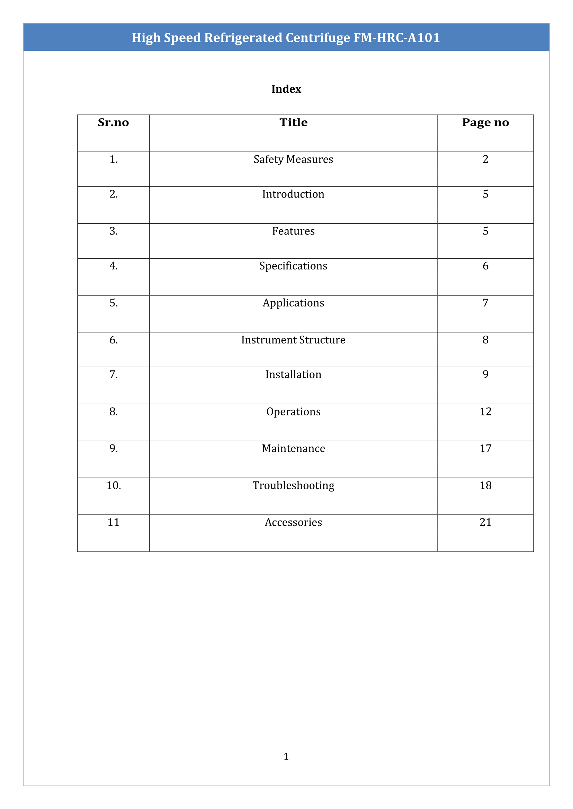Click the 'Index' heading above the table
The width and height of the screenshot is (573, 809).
click(x=286, y=89)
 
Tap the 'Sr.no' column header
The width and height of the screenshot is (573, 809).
click(x=113, y=122)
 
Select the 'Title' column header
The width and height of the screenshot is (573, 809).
click(x=293, y=122)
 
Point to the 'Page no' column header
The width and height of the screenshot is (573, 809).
click(x=485, y=122)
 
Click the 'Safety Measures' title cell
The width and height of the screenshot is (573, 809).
click(x=293, y=159)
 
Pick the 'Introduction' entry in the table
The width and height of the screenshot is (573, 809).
click(x=293, y=194)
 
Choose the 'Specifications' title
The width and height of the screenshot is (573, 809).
click(x=293, y=266)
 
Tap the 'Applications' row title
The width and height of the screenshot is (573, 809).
click(x=293, y=303)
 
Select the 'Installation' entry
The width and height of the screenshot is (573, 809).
click(x=293, y=374)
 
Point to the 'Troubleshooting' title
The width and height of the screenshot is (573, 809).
click(x=293, y=485)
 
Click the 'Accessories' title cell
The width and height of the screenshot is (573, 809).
click(x=293, y=522)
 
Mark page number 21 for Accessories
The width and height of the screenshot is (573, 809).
click(x=485, y=522)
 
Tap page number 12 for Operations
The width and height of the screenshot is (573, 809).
click(x=485, y=411)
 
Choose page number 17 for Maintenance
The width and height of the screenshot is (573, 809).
click(x=485, y=448)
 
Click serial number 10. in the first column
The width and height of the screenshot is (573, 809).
click(x=114, y=485)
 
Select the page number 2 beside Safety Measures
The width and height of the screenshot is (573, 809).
click(x=485, y=159)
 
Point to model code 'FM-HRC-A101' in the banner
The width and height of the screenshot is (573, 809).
click(x=396, y=38)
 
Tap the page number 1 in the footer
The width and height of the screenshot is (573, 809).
click(x=286, y=756)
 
